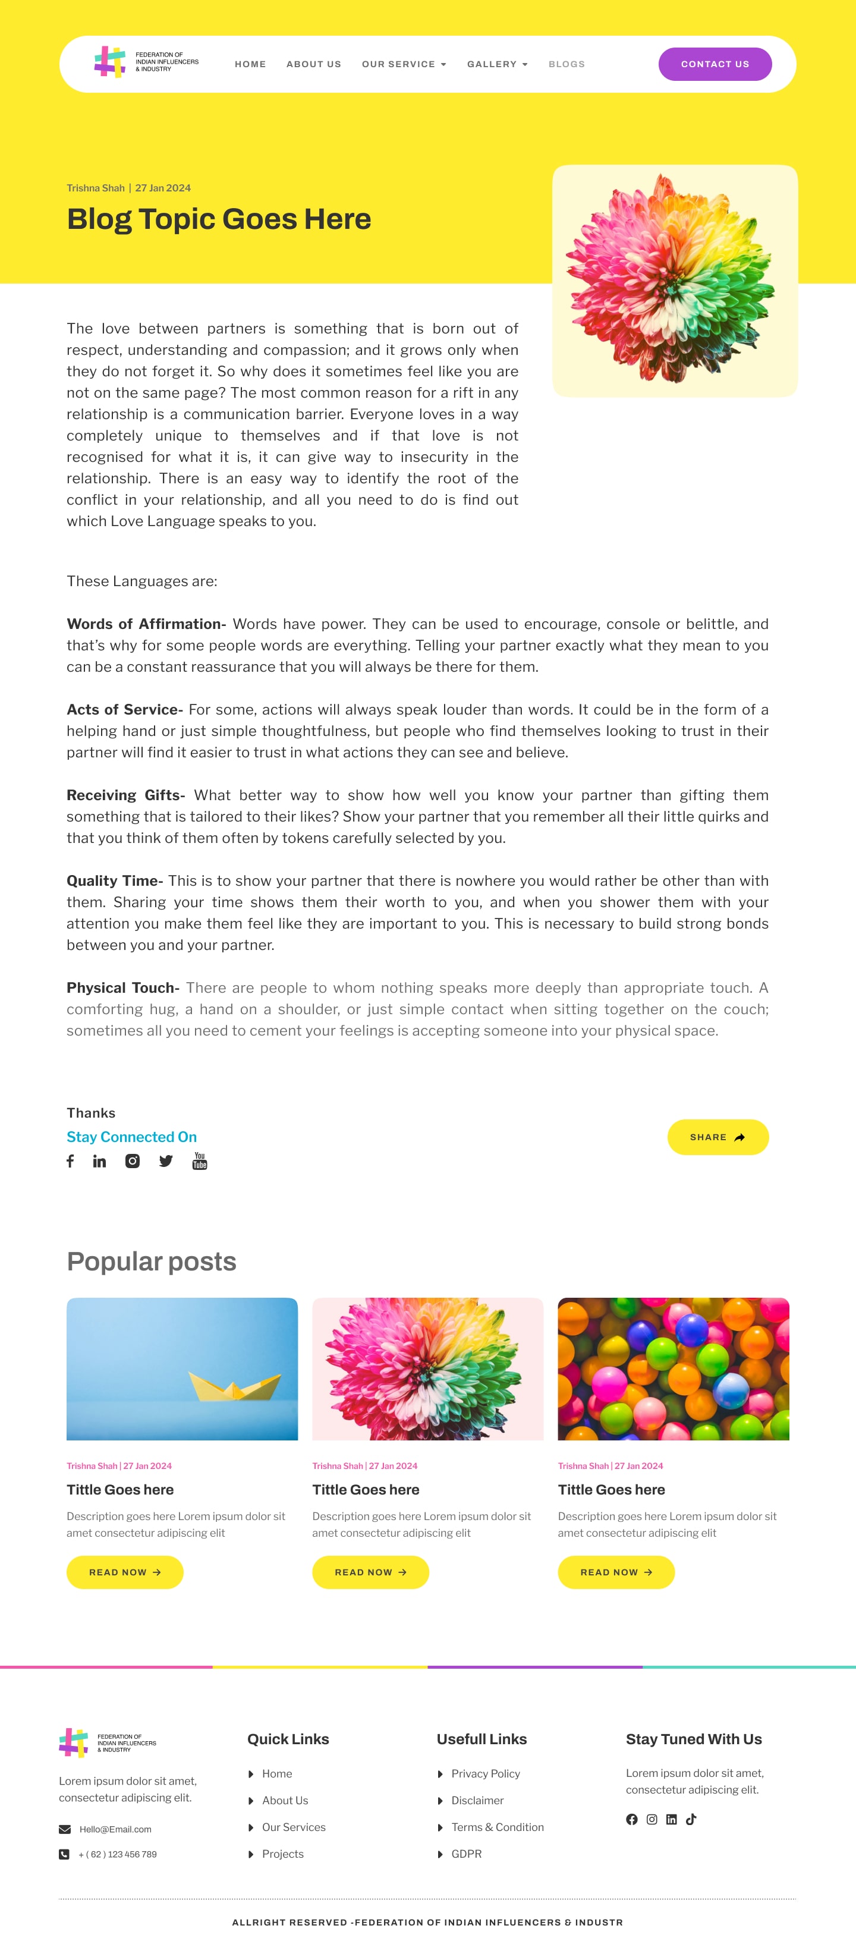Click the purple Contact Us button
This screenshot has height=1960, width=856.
pos(715,64)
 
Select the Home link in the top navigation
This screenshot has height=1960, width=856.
pos(250,64)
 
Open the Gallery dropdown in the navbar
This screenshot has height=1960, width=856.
pos(497,64)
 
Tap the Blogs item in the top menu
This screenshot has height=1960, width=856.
pos(566,64)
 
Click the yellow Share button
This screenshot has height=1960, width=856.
pos(717,1137)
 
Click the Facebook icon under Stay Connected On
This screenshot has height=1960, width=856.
pos(70,1160)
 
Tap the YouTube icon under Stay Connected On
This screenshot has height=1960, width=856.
pos(199,1160)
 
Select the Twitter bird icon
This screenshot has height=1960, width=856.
pos(166,1160)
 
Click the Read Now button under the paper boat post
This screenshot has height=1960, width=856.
pos(125,1572)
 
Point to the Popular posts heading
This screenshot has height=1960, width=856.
pos(152,1261)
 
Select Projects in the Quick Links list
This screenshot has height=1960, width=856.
pos(282,1854)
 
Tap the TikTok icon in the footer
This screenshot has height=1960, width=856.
pos(691,1819)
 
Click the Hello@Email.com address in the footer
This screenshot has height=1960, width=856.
pos(115,1829)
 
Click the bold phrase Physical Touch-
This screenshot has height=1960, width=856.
pos(122,987)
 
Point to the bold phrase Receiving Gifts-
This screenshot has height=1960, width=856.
pos(125,795)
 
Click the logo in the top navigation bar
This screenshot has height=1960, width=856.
pos(146,62)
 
